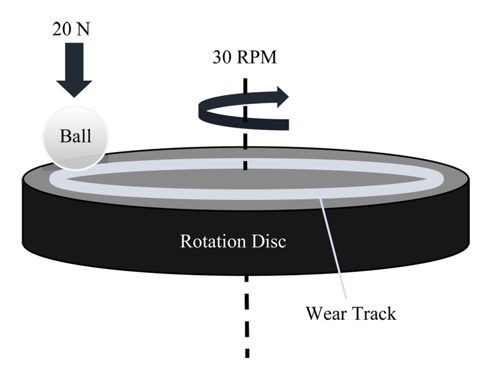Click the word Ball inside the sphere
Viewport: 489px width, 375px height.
[75, 137]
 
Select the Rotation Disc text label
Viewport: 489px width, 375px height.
[233, 241]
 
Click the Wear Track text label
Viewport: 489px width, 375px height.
[350, 312]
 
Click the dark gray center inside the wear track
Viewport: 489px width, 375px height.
[243, 179]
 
